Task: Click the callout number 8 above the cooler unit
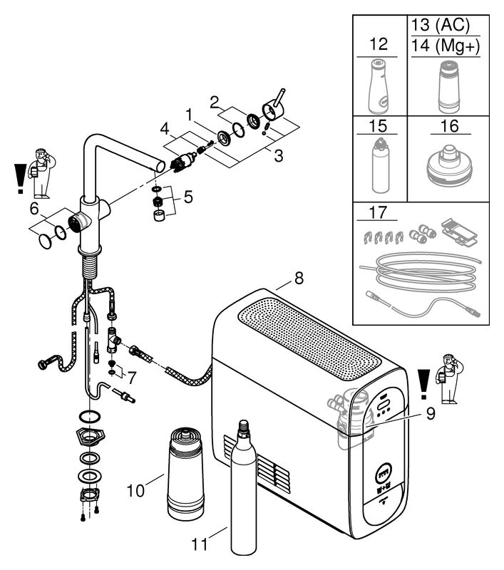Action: (299, 279)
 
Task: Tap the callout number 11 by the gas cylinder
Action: (200, 544)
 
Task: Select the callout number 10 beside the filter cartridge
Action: (135, 490)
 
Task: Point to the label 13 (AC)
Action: (441, 25)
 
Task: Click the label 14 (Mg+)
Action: (446, 46)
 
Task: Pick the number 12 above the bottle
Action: (379, 44)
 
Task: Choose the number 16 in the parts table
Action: (449, 126)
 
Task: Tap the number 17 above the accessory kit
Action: (378, 212)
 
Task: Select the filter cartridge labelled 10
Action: (185, 473)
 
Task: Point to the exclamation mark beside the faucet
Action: (21, 179)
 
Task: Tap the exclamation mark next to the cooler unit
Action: (424, 384)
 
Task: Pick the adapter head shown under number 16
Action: (448, 165)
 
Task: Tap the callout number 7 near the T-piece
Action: (131, 378)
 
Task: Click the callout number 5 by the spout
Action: (188, 197)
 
